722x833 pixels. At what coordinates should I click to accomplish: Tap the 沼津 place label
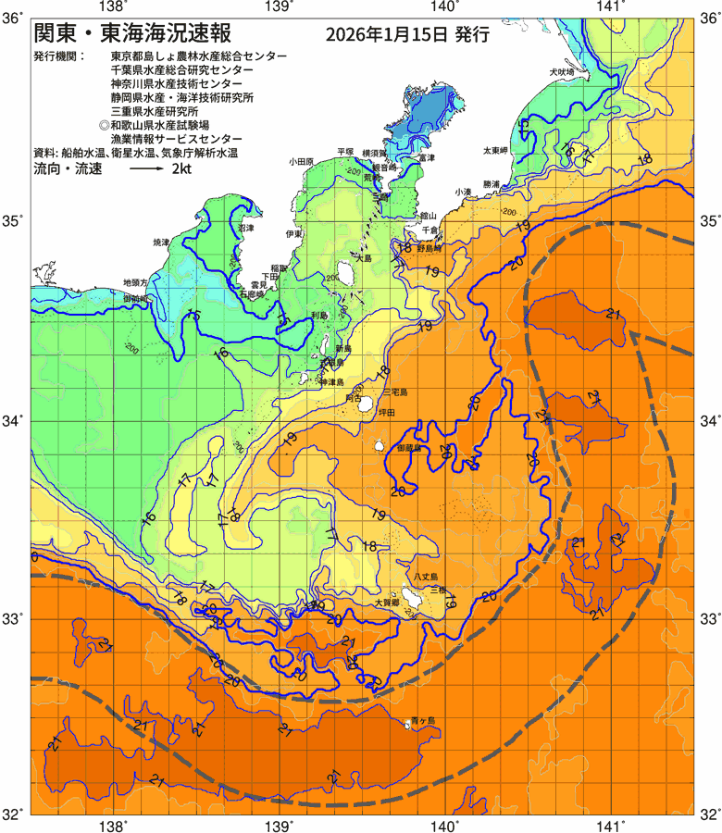[x=245, y=227]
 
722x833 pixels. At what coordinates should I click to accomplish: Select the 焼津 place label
[x=162, y=242]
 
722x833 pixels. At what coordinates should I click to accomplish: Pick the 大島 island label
[x=363, y=258]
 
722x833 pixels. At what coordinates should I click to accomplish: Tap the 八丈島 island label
[x=425, y=576]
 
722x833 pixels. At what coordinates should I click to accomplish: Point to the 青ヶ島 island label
[x=424, y=721]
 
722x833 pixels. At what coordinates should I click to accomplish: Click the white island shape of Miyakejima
[x=366, y=404]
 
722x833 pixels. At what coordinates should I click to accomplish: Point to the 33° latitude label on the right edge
[x=710, y=618]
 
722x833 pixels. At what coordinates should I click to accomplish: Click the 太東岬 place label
[x=496, y=150]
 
